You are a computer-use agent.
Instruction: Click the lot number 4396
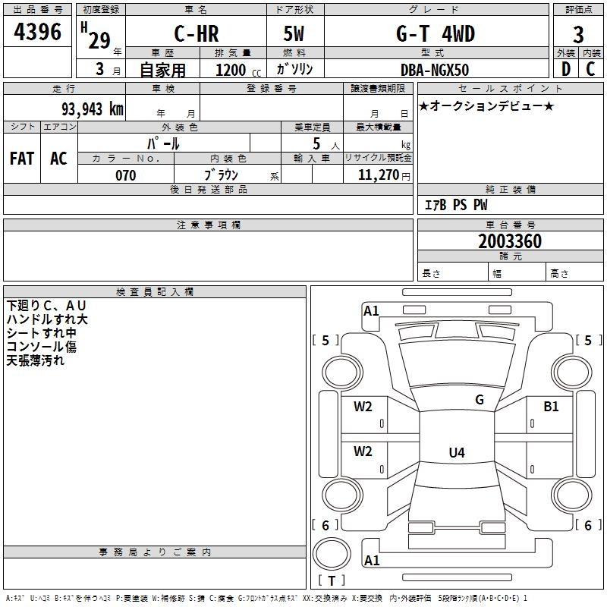coord(37,33)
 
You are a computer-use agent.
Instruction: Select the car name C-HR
coord(195,34)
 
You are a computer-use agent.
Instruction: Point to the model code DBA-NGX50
coord(435,69)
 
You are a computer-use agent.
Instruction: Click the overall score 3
coord(578,34)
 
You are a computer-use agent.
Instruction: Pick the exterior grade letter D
coord(566,69)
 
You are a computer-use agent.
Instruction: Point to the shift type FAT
coord(22,159)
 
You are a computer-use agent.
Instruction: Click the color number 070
coord(125,175)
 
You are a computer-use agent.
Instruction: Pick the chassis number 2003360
coord(510,242)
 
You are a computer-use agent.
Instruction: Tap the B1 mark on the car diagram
coord(551,407)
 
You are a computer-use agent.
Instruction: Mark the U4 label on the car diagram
coord(456,453)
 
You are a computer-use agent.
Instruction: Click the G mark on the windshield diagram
coord(479,400)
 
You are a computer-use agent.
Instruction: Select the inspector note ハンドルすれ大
coord(47,319)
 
